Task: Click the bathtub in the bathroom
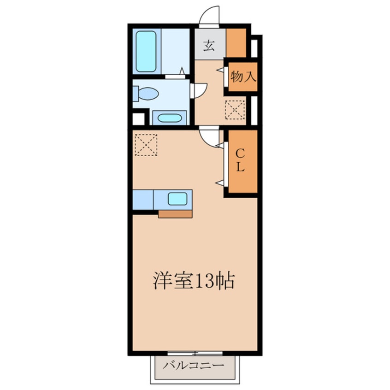click(x=146, y=51)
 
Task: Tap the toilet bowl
click(x=148, y=94)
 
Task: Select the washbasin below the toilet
click(x=170, y=118)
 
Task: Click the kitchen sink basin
click(x=177, y=199)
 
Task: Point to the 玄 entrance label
click(x=209, y=46)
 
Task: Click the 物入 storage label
click(x=243, y=77)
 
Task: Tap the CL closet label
click(x=240, y=160)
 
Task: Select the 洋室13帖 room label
click(x=194, y=281)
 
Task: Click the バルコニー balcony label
click(x=194, y=366)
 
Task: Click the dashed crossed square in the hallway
click(x=235, y=110)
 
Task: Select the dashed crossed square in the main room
click(x=146, y=145)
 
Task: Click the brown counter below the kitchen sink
click(x=175, y=214)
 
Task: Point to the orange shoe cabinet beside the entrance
click(x=236, y=43)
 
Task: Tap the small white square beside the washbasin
click(x=139, y=119)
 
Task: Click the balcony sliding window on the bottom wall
click(x=195, y=353)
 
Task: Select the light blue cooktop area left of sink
click(x=143, y=200)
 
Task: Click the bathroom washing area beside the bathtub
click(x=175, y=51)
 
